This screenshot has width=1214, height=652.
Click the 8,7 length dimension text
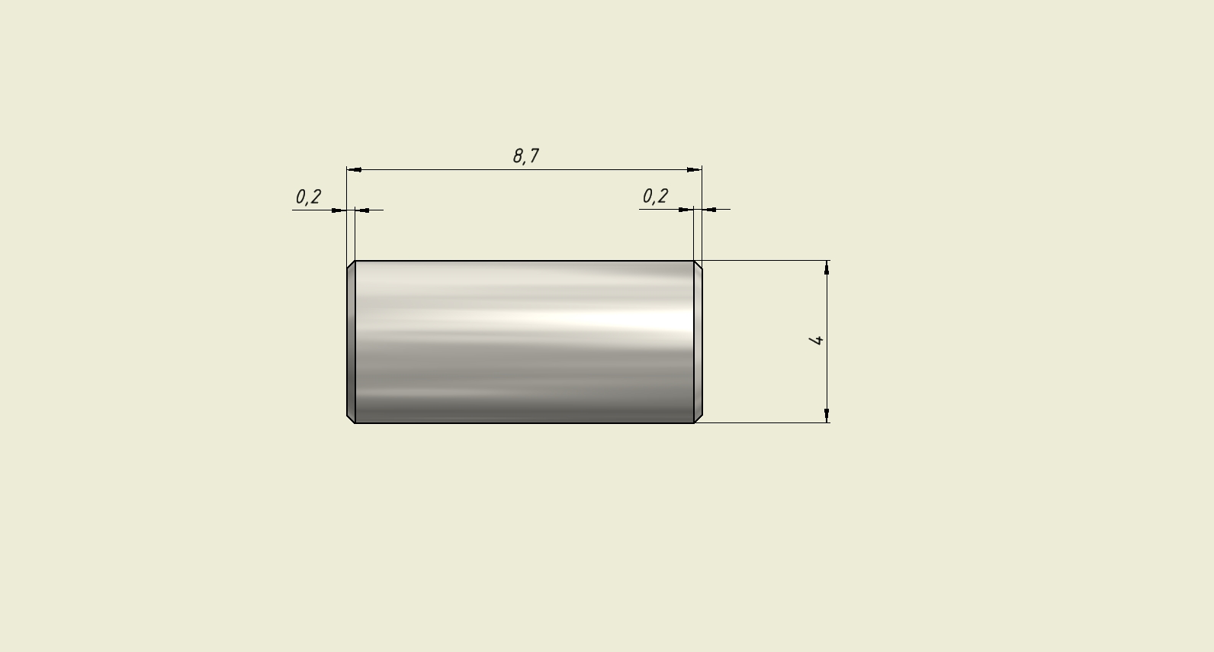coord(525,156)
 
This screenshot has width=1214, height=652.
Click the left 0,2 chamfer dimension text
coord(308,197)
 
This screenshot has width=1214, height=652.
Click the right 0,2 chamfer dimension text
coord(655,196)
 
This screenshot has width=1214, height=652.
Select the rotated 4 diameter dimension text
coord(816,340)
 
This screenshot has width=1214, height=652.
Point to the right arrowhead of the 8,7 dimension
coord(694,169)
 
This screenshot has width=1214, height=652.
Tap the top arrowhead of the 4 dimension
coord(827,268)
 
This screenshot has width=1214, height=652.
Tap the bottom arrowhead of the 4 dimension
coord(827,415)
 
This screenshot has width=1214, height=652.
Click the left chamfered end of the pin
coord(351,342)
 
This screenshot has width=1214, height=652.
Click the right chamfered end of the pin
coord(698,342)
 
